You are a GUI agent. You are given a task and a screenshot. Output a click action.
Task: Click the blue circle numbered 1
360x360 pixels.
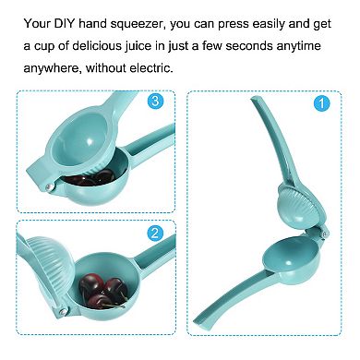[321, 103]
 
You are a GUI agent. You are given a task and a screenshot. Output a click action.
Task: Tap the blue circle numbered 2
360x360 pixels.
[155, 233]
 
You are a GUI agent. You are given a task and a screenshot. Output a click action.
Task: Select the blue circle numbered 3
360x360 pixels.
[155, 101]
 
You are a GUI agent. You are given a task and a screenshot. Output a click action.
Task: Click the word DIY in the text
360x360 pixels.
[65, 23]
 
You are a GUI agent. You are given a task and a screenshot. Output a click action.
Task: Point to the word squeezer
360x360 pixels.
[136, 24]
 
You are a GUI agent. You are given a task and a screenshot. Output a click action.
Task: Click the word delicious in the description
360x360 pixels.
[97, 46]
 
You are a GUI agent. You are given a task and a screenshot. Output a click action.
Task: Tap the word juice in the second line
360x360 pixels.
[138, 47]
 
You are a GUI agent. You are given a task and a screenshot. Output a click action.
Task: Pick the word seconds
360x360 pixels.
[249, 46]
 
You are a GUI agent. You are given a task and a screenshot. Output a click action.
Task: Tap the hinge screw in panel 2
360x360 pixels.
[63, 311]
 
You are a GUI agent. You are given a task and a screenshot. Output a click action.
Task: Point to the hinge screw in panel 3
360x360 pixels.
[49, 186]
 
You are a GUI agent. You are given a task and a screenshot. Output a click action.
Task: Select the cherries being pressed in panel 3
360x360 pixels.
[90, 178]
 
